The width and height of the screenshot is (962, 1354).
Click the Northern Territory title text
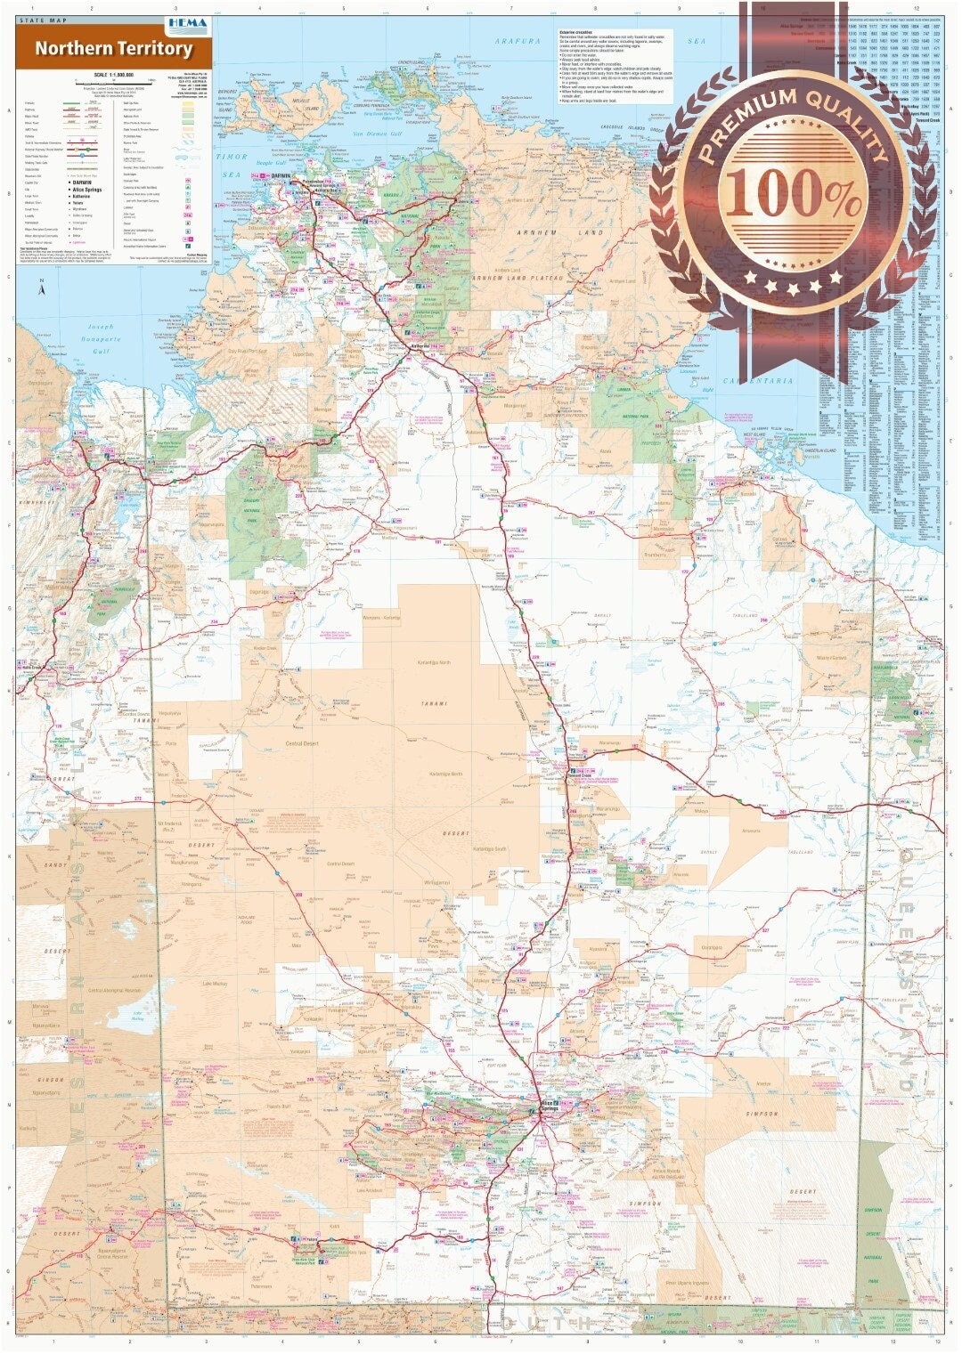point(113,49)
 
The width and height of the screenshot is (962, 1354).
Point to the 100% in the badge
point(792,198)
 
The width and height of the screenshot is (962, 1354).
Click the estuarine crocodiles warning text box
point(614,65)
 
